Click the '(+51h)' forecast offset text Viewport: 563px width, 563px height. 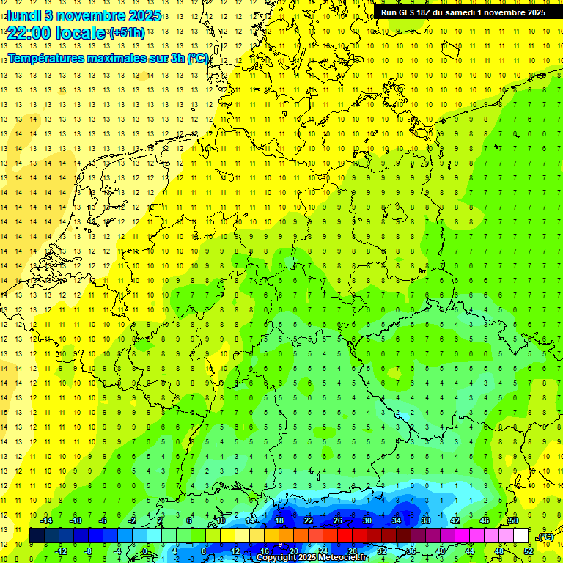pyautogui.click(x=127, y=33)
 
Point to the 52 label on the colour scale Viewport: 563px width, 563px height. pyautogui.click(x=529, y=551)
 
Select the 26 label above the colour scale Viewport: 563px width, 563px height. pyautogui.click(x=338, y=520)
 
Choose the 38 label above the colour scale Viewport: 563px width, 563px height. pyautogui.click(x=426, y=520)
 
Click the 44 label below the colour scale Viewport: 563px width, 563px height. pyautogui.click(x=470, y=551)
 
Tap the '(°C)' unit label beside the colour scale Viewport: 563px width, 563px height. pyautogui.click(x=545, y=537)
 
